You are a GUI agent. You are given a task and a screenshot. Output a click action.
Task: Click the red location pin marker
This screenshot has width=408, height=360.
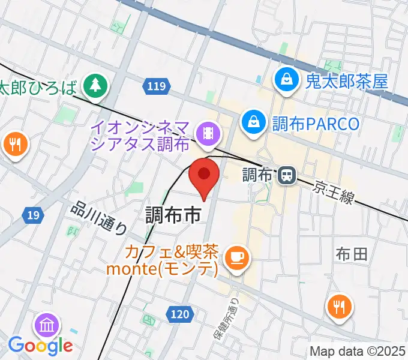click(205, 175)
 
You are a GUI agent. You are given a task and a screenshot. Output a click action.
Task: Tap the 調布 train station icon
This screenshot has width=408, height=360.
click(287, 175)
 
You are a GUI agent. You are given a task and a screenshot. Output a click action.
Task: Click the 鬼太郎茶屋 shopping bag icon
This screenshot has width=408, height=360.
click(287, 80)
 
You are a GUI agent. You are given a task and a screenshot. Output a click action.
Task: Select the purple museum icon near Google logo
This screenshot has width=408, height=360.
click(47, 326)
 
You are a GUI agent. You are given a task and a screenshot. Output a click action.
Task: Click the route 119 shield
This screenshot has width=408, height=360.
click(155, 87)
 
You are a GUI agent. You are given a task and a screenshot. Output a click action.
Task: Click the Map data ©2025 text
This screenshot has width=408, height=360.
click(357, 351)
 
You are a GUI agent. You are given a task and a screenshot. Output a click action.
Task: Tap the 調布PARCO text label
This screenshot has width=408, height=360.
click(316, 124)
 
